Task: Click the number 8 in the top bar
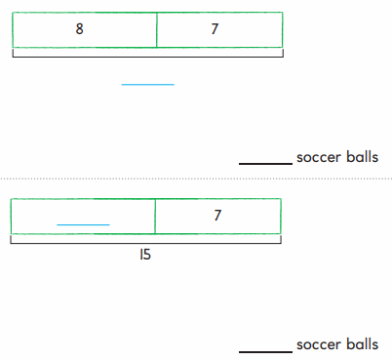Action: (80, 29)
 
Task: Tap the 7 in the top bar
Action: (215, 29)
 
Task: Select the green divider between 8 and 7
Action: (157, 29)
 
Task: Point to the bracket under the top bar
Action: (147, 56)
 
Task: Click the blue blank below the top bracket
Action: (147, 85)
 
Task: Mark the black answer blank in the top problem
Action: (265, 163)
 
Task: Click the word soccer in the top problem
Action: (318, 157)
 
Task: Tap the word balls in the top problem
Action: (362, 157)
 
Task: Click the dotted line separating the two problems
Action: (195, 180)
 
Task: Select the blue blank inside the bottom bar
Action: (83, 224)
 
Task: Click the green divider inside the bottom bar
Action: (155, 217)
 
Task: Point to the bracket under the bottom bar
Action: (146, 242)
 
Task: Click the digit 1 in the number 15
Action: (142, 255)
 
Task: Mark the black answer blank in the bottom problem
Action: (265, 350)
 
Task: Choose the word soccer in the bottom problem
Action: (318, 344)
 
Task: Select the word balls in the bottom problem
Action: (362, 344)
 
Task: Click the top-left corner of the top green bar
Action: (13, 13)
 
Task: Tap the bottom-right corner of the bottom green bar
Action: (281, 233)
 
